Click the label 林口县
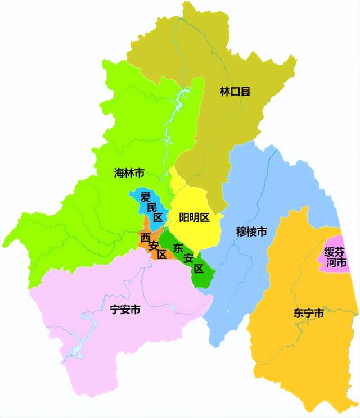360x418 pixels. click(x=235, y=90)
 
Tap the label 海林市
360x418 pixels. click(x=129, y=173)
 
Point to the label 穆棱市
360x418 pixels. click(x=251, y=231)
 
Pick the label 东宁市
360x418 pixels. click(x=308, y=313)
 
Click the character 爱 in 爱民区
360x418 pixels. click(x=145, y=197)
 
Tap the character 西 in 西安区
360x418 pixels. click(x=146, y=237)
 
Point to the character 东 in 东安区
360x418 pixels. click(x=179, y=247)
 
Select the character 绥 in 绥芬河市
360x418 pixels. click(x=329, y=251)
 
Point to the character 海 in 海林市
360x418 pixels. click(x=119, y=173)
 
